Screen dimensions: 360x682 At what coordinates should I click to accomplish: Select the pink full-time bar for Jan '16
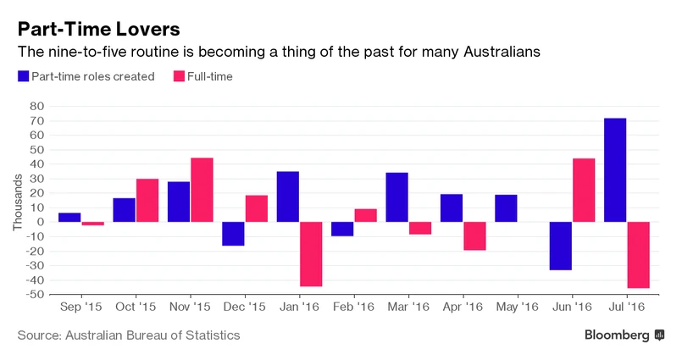(311, 254)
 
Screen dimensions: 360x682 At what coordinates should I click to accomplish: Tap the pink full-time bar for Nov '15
(202, 190)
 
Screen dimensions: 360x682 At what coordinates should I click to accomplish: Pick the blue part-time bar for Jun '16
(560, 246)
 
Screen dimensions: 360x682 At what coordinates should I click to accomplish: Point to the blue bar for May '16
(506, 208)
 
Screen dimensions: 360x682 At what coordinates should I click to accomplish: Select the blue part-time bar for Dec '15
(233, 234)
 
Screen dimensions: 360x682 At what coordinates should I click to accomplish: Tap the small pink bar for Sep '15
(93, 224)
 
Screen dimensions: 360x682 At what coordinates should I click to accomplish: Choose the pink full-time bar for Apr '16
(474, 235)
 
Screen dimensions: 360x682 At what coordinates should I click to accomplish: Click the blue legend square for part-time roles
(22, 76)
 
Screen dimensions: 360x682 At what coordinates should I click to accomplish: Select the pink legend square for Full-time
(178, 76)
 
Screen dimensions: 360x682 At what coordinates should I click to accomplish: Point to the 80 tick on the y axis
(36, 107)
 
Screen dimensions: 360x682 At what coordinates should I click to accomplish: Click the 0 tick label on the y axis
(40, 222)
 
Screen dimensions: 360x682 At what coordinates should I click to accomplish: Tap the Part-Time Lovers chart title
(98, 29)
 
